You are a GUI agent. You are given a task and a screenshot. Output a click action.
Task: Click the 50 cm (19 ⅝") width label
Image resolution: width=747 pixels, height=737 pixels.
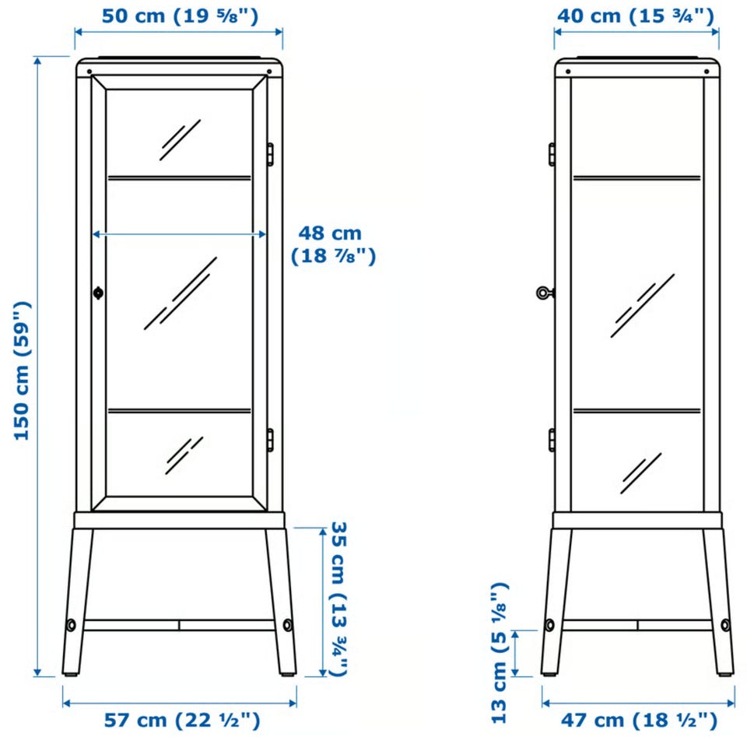click(180, 16)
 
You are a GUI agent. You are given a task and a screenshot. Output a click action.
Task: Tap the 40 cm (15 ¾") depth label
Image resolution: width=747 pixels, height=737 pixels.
click(636, 16)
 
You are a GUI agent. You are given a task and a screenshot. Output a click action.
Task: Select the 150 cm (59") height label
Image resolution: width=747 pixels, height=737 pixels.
click(23, 370)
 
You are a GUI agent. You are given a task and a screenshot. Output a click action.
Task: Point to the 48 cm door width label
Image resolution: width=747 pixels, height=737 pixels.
click(334, 244)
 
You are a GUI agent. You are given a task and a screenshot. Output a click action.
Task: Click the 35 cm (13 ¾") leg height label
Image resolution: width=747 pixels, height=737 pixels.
click(339, 598)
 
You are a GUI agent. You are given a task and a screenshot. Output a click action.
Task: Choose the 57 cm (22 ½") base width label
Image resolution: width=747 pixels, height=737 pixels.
click(182, 720)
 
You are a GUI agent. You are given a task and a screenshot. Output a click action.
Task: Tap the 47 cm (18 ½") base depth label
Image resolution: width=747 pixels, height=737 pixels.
click(639, 720)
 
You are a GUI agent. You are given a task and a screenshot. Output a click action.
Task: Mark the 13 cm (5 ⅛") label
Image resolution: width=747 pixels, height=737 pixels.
click(500, 653)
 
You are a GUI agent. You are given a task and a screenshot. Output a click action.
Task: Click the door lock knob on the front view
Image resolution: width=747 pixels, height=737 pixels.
click(98, 293)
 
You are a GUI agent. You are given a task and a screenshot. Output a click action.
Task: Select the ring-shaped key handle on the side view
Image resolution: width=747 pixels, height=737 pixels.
click(543, 293)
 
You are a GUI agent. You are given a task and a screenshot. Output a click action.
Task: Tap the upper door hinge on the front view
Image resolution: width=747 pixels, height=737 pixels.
click(270, 154)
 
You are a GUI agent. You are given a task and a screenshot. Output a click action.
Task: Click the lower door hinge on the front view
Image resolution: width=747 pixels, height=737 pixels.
click(270, 440)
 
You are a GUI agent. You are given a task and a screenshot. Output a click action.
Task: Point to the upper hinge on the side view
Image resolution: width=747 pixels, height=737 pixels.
click(552, 154)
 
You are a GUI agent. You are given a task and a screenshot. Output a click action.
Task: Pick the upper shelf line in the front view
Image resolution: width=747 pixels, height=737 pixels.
click(179, 177)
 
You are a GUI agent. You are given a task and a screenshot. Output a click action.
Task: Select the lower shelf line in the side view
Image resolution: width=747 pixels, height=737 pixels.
click(637, 410)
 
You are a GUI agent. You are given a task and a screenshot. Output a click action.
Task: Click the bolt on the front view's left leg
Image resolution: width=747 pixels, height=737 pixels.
click(71, 625)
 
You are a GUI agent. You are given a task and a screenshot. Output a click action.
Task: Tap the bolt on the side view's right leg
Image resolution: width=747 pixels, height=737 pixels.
click(725, 625)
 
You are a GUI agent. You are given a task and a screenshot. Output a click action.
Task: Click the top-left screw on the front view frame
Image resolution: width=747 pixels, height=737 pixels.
click(89, 72)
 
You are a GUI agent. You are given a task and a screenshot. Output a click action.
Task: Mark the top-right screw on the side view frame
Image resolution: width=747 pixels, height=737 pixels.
click(707, 72)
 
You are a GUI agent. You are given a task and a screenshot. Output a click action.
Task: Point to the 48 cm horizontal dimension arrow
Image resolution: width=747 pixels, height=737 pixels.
click(179, 234)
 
